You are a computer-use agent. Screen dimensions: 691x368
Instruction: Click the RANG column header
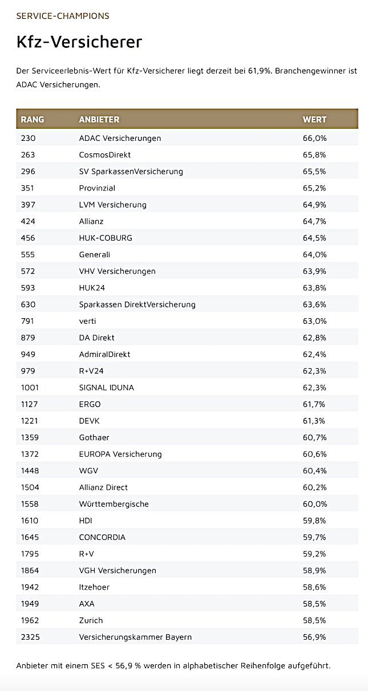[33, 120]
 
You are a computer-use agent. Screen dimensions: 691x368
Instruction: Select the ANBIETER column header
[99, 120]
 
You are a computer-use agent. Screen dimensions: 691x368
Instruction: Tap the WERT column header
[314, 120]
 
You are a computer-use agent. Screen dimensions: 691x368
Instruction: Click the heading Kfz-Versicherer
[79, 42]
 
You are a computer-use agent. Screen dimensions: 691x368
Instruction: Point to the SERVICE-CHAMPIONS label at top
[63, 16]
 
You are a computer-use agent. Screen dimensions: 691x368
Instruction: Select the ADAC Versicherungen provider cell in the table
[120, 138]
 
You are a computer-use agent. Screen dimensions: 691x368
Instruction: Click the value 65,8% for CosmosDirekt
[314, 155]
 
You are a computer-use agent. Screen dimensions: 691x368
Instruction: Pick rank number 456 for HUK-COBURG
[28, 238]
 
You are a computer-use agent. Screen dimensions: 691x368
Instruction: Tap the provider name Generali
[95, 254]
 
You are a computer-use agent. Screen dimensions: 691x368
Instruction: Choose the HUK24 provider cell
[92, 288]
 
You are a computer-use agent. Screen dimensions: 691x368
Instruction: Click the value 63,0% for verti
[314, 321]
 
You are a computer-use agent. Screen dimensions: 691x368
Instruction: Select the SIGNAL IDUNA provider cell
[107, 388]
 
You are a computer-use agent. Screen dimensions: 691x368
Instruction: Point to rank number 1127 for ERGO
[30, 404]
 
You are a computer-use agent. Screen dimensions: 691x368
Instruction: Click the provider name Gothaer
[94, 437]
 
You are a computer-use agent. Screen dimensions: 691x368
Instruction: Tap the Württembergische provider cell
[114, 504]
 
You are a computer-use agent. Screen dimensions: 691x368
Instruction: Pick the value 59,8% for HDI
[314, 521]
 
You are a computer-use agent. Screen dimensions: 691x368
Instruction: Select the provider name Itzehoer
[94, 587]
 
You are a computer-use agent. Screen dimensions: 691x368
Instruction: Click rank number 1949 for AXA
[30, 604]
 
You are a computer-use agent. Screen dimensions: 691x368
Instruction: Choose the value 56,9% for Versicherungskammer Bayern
[314, 637]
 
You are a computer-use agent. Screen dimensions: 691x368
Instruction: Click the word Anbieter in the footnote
[33, 666]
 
